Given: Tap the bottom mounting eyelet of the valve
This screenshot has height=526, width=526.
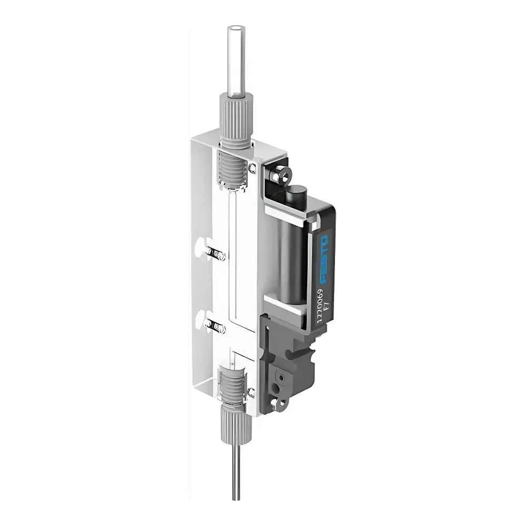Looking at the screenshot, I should point(283,403).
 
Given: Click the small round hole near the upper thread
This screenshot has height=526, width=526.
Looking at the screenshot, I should point(253,168).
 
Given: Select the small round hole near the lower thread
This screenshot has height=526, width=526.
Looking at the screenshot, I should point(251,391).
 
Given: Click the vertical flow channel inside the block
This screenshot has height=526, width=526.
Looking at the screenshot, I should point(232,274).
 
